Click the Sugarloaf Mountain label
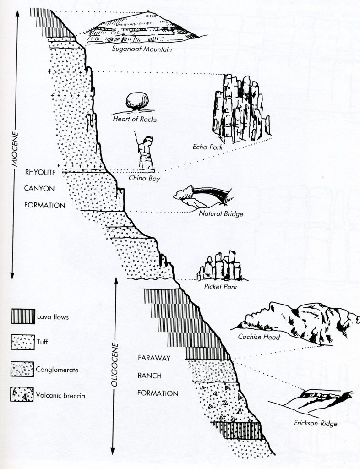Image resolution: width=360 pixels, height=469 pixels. [x=142, y=49]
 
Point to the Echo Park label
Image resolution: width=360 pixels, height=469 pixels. [x=207, y=147]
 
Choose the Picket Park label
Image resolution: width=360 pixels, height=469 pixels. [x=220, y=287]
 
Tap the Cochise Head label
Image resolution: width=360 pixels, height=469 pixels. [x=259, y=337]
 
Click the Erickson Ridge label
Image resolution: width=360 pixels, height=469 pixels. [x=316, y=423]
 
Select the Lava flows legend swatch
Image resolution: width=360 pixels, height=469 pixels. [x=23, y=316]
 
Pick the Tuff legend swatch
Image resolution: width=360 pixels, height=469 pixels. [x=23, y=342]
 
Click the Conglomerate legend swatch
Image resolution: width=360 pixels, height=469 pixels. [x=22, y=369]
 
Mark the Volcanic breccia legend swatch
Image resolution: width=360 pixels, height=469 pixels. [x=22, y=394]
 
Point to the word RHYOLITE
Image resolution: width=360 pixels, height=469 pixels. [x=40, y=173]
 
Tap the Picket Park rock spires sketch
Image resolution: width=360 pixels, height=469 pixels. [x=220, y=266]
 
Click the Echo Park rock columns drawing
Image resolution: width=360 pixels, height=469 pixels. [x=241, y=108]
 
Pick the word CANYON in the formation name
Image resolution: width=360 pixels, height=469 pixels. [x=39, y=189]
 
